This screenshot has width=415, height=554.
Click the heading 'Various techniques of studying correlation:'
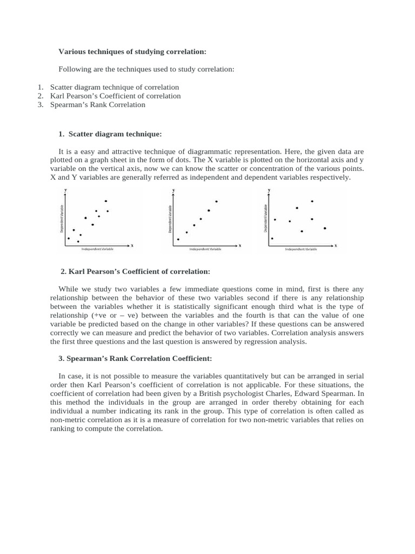[x=132, y=51]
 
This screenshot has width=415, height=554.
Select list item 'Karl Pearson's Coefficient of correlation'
[x=115, y=96]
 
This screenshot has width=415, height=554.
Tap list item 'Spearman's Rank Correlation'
[x=97, y=104]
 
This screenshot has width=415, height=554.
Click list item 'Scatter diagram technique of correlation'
[x=114, y=87]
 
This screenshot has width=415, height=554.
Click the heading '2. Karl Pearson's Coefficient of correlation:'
[x=135, y=271]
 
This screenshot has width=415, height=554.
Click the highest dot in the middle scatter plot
[x=217, y=201]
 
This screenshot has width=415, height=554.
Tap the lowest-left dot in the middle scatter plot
[x=178, y=239]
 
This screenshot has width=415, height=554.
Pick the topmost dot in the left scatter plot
[x=106, y=201]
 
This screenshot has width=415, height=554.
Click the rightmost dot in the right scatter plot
[x=325, y=228]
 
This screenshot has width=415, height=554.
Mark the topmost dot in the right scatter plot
[x=312, y=201]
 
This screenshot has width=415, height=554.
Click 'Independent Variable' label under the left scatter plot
[x=98, y=249]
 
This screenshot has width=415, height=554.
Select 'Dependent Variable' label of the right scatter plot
[x=265, y=218]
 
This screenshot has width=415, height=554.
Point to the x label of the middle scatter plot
[x=240, y=246]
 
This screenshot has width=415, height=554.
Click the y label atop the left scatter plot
[x=65, y=190]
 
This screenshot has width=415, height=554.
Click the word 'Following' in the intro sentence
[x=74, y=70]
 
